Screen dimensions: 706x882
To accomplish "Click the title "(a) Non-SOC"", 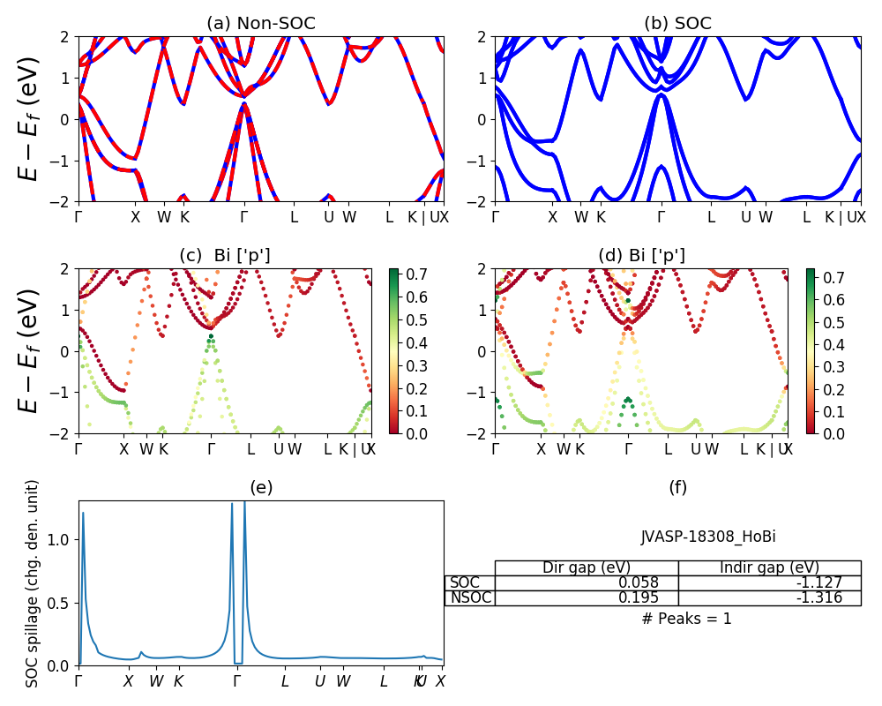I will [x=260, y=24].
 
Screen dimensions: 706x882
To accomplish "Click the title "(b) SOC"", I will [x=677, y=24].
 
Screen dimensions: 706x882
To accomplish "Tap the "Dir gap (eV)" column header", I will [x=586, y=567].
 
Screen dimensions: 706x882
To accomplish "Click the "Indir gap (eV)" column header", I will [x=769, y=567].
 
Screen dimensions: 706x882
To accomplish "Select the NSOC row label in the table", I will [x=470, y=597].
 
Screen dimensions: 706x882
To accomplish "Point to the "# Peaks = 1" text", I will [x=686, y=619].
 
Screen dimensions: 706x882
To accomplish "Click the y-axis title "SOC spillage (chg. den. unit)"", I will [x=33, y=582].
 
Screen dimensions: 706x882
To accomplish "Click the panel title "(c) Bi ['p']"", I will [x=225, y=256].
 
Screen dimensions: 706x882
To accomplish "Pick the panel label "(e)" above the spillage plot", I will [x=260, y=487].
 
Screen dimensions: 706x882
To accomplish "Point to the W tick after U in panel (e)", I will [x=343, y=681].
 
